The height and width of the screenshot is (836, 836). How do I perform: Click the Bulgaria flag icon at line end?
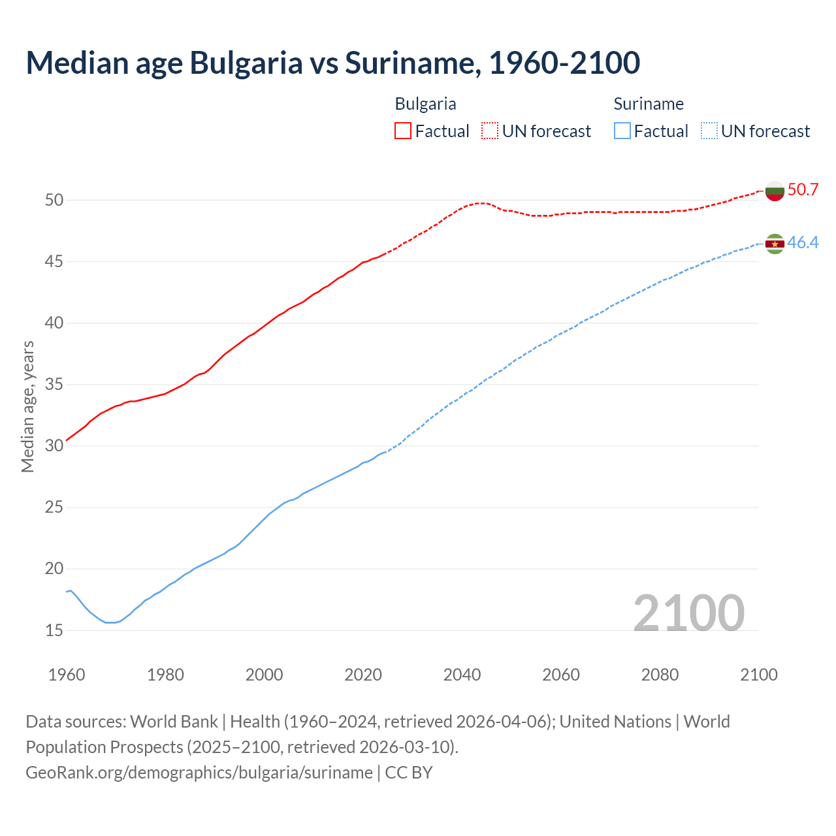click(x=775, y=191)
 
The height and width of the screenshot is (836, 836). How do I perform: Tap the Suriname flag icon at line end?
click(x=775, y=244)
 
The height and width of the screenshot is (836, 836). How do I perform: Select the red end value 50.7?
click(x=803, y=190)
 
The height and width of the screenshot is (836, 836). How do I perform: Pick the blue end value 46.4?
click(x=803, y=243)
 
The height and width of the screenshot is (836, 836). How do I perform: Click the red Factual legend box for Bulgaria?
click(x=403, y=131)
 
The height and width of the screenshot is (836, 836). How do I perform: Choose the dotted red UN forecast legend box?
click(x=490, y=131)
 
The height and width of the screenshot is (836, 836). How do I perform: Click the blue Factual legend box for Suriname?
click(x=622, y=131)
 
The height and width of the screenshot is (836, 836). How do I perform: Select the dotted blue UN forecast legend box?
click(x=709, y=131)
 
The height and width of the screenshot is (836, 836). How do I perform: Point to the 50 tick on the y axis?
click(x=54, y=201)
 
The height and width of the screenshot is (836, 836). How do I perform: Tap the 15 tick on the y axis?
click(x=54, y=631)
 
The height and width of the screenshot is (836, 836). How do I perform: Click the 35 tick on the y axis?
click(x=54, y=385)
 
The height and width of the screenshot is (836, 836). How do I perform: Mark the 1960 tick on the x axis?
click(x=67, y=675)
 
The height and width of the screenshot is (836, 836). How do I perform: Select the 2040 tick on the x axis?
click(x=462, y=675)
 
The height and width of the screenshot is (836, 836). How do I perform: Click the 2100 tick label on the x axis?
click(x=758, y=675)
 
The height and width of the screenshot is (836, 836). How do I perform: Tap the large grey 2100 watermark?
click(x=688, y=613)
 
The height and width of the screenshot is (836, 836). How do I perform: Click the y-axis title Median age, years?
click(x=27, y=406)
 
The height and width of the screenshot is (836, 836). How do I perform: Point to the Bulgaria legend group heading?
click(x=425, y=104)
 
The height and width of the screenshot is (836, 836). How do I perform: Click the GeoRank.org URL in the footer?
click(x=199, y=773)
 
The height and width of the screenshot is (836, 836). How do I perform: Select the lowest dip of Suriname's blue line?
click(x=110, y=622)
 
